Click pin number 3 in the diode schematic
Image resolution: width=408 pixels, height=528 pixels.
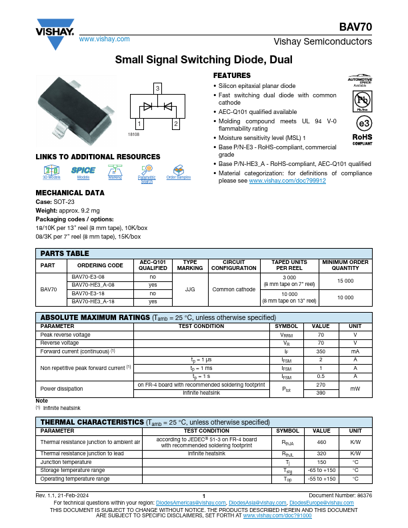coord(157,88)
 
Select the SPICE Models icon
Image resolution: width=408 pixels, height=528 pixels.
coord(83,171)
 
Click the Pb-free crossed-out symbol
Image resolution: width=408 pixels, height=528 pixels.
coord(362,100)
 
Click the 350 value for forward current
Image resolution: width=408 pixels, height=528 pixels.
coord(321,351)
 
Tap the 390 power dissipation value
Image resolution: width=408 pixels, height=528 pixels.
coord(321,393)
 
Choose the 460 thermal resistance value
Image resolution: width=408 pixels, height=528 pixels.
coord(321,442)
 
